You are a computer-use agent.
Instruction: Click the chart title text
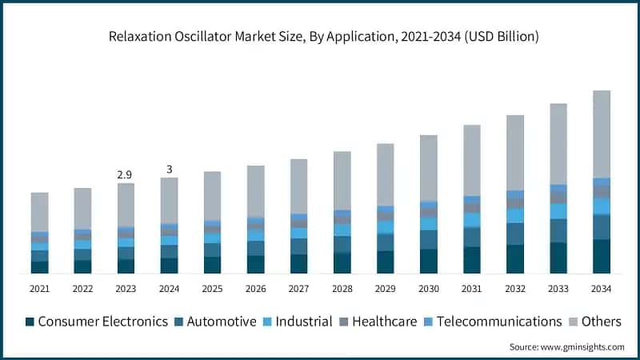click(x=320, y=37)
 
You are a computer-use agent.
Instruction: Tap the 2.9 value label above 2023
click(x=126, y=174)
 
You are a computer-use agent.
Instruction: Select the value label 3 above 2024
click(x=169, y=169)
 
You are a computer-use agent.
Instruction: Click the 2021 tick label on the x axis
click(x=40, y=288)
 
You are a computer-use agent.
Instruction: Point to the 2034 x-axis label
click(x=601, y=288)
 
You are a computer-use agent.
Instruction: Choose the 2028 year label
click(x=342, y=288)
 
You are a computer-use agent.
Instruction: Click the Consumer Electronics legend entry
click(x=96, y=322)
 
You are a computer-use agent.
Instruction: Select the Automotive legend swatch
click(x=180, y=322)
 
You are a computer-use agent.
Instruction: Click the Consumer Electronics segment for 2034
click(x=601, y=256)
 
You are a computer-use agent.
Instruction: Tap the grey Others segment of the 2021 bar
click(x=40, y=212)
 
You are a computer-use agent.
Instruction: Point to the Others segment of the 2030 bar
click(x=428, y=168)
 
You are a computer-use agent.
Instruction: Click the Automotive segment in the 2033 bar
click(x=558, y=230)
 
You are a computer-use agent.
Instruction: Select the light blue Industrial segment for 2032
click(x=514, y=215)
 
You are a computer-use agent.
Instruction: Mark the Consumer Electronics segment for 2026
click(x=255, y=264)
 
